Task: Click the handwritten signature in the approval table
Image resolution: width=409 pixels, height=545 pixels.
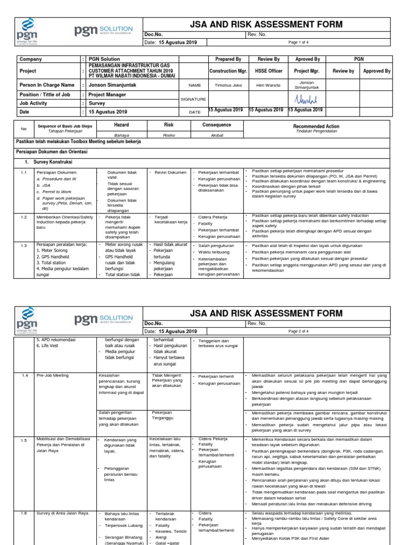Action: pos(305,99)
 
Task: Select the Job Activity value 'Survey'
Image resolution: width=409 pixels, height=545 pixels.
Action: pos(97,103)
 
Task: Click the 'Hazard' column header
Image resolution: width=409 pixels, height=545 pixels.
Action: pos(121,125)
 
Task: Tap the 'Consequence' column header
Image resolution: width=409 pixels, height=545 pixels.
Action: pos(217,125)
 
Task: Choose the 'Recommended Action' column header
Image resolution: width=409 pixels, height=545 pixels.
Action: pos(316,127)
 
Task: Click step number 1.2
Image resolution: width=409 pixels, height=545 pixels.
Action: pos(23,217)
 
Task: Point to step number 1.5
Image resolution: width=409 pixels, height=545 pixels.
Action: pos(23,440)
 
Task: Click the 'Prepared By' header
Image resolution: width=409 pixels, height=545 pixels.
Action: pos(228,60)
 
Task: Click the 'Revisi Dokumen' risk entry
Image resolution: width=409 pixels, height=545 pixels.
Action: pos(170,172)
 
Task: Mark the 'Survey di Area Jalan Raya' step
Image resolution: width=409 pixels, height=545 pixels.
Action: pos(63,514)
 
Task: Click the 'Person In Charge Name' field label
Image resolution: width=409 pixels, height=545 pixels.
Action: pos(47,85)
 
